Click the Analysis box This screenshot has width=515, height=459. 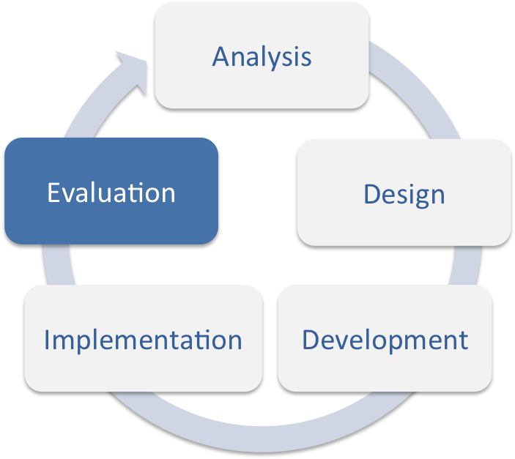262,56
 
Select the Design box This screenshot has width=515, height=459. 404,193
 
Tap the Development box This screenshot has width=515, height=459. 385,338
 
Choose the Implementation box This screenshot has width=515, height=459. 143,339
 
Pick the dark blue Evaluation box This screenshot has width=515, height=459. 111,192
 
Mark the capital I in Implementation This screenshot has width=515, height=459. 48,340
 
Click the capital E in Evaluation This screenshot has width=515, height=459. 53,193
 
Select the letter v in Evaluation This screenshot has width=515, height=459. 70,194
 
